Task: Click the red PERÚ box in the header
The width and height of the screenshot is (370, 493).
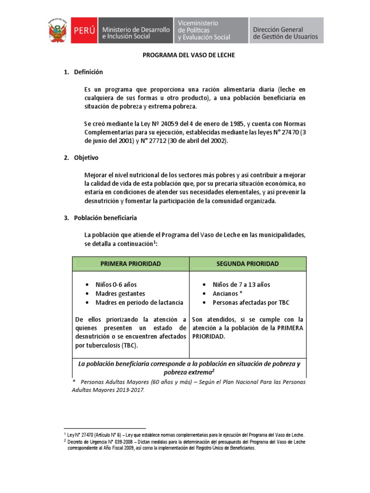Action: tap(84, 30)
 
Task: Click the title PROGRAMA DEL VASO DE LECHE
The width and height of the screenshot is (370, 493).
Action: tap(188, 56)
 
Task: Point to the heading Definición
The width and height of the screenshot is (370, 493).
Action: tap(88, 72)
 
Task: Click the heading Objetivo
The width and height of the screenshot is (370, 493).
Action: tap(87, 157)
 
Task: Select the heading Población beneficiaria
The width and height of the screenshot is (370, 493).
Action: tap(105, 218)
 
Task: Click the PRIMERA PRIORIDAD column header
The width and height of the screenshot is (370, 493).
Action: tap(131, 264)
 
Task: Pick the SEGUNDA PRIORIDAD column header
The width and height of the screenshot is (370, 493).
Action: tap(248, 264)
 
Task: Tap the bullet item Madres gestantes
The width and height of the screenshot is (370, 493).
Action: tap(120, 294)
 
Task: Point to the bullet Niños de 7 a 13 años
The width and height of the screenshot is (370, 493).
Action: tap(241, 285)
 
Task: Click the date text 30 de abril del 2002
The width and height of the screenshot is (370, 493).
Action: tap(196, 141)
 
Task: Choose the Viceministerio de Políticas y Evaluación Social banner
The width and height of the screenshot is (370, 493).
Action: tap(204, 30)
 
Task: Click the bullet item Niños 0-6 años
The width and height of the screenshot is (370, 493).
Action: tap(116, 285)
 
